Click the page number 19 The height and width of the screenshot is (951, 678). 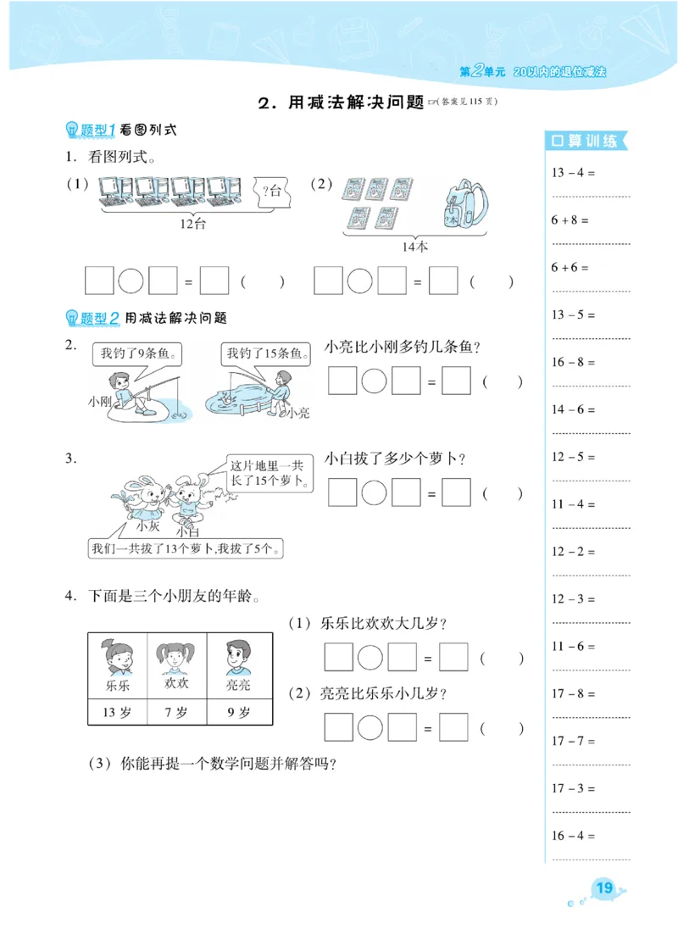[x=604, y=888]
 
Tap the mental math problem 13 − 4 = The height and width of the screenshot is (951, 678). [x=573, y=172]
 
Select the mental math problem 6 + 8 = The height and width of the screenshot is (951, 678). [x=570, y=220]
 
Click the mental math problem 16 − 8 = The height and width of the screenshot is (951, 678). [x=573, y=362]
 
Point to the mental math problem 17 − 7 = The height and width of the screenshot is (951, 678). [x=573, y=741]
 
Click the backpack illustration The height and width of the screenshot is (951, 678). [x=464, y=205]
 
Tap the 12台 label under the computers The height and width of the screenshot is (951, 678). [x=193, y=225]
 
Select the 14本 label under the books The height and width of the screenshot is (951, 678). [x=415, y=247]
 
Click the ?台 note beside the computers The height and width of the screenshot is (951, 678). [x=272, y=189]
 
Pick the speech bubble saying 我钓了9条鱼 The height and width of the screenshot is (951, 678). [x=138, y=353]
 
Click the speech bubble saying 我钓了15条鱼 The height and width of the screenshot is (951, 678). [x=264, y=353]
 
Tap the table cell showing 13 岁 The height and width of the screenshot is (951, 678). [x=117, y=712]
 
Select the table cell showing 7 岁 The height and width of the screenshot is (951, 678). [x=178, y=712]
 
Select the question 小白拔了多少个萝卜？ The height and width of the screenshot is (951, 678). [x=395, y=459]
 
